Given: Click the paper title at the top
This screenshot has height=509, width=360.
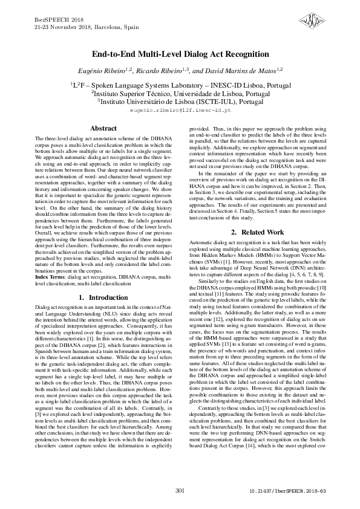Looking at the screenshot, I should tap(180, 54).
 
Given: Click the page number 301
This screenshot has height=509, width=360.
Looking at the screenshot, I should tap(180, 490).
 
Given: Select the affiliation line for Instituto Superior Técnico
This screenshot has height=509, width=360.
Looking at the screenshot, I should tap(180, 94).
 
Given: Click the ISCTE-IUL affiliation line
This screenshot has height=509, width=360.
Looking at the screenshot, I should tap(180, 102).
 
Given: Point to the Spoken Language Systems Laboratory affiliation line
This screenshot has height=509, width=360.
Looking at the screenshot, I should tap(180, 85).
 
